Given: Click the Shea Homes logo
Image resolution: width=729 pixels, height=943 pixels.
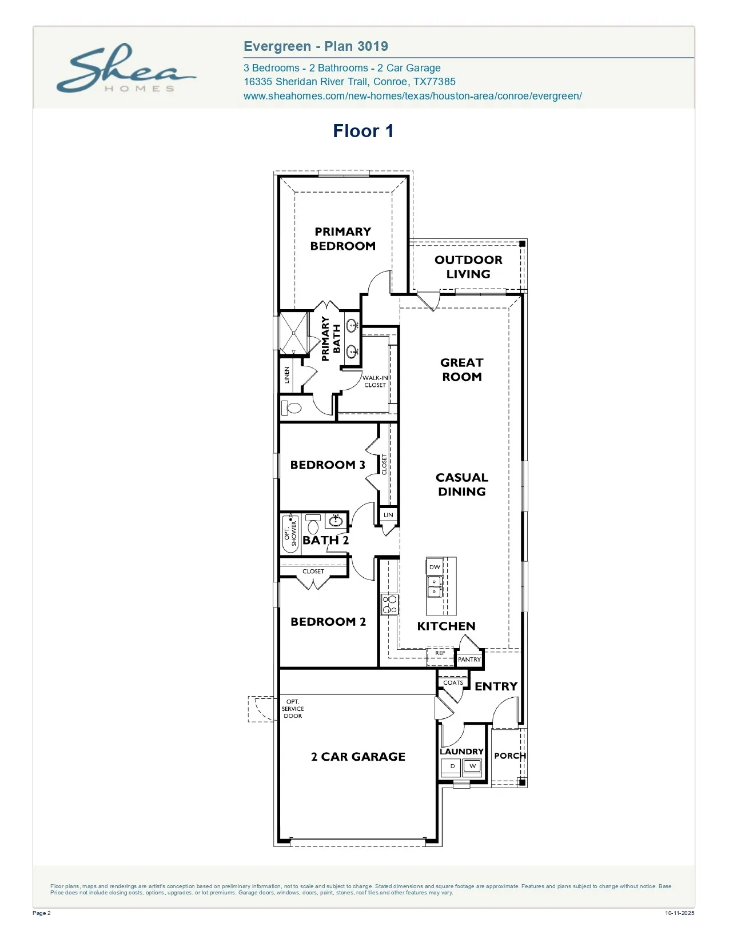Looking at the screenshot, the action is point(126,68).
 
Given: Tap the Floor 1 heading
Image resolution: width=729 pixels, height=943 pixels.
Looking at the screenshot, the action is point(363,131).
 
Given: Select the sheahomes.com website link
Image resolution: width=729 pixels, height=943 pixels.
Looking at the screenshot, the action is point(412,96).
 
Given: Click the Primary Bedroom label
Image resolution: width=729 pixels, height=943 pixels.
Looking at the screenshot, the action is point(342,239).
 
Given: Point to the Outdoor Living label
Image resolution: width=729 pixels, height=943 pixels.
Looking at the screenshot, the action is point(468,267).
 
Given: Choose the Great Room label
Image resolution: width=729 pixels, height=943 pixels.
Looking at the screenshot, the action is point(462,370).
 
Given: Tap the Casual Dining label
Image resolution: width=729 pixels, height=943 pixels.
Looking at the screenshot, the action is point(462,484).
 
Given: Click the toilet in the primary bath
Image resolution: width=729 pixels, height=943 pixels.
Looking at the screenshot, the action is point(292,408).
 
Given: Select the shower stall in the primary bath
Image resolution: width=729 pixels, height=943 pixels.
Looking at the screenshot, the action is point(293,333).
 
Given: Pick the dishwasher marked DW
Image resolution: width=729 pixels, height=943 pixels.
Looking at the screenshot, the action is point(435,567).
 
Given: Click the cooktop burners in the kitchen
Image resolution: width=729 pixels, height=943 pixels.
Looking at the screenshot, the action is point(389,605).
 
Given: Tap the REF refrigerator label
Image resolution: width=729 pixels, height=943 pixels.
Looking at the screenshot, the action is point(440,653).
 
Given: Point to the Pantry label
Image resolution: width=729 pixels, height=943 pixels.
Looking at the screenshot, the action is point(469,659).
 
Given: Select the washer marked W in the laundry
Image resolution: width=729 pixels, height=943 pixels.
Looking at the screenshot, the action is point(473,766).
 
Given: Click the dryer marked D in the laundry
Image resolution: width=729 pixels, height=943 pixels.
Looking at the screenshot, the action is point(452,766).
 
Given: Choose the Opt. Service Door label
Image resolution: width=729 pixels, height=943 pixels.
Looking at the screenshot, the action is point(293,709).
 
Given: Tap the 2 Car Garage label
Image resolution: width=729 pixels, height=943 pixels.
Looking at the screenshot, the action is point(358,756).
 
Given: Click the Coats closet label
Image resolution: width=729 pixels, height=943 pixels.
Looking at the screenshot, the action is point(453,682).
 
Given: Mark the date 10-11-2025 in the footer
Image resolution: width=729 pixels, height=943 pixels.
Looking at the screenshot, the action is point(679,913).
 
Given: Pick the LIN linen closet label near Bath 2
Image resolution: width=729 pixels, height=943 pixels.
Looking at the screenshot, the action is point(388,515).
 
